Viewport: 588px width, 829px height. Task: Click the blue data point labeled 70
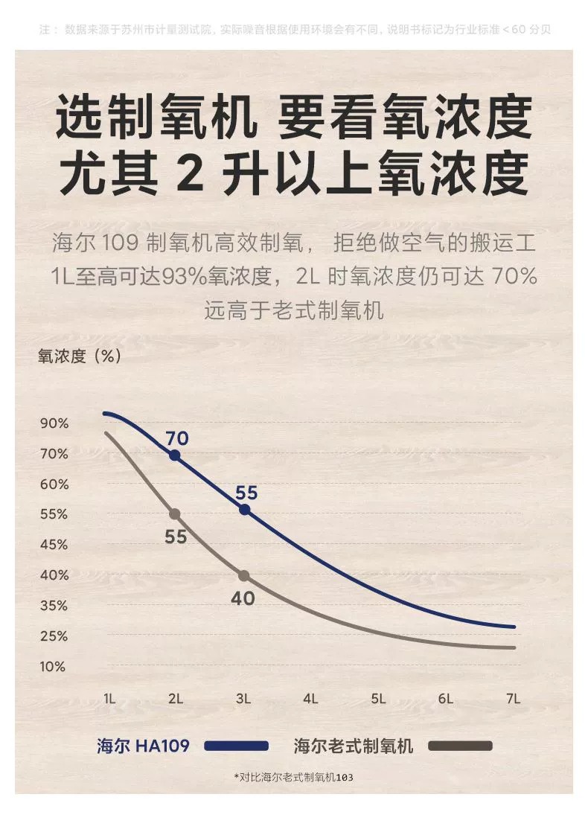[x=175, y=455]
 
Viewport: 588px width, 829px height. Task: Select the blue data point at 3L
[x=244, y=510]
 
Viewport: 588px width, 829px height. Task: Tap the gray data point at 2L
[x=175, y=514]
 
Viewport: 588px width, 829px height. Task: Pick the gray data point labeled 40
[x=244, y=576]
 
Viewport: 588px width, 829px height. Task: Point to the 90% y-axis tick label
[x=54, y=423]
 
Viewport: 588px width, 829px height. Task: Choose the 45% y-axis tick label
[x=54, y=545]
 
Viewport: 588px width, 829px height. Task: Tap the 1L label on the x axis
[x=109, y=699]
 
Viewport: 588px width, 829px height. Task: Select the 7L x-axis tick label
[x=512, y=699]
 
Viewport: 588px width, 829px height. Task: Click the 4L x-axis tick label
[x=310, y=699]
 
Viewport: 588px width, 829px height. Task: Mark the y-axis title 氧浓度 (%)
[x=80, y=356]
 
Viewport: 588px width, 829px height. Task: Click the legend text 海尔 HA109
[x=143, y=746]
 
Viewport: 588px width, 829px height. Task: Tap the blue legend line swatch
[x=235, y=746]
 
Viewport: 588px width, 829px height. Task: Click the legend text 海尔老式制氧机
[x=353, y=746]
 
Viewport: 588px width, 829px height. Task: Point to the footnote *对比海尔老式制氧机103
[x=293, y=777]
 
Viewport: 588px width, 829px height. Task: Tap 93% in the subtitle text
[x=187, y=277]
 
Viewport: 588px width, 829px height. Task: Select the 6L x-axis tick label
[x=445, y=699]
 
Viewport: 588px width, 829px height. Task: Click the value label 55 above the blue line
[x=246, y=493]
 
